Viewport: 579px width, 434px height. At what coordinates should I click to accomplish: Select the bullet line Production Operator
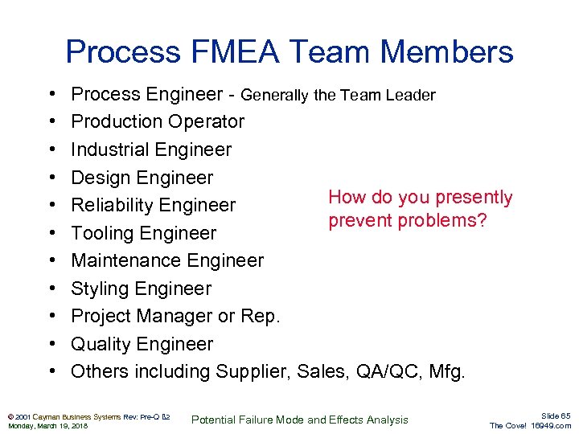click(x=158, y=122)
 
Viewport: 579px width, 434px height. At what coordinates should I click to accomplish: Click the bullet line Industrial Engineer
click(x=151, y=149)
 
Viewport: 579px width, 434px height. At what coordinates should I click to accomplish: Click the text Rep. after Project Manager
click(x=261, y=316)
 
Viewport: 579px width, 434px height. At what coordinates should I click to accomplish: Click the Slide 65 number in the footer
click(x=555, y=416)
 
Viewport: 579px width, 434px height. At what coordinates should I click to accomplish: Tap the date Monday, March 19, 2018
click(x=48, y=425)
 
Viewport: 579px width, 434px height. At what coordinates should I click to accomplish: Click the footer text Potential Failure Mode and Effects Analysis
click(x=300, y=420)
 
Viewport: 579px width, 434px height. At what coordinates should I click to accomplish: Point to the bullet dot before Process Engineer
click(x=51, y=95)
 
